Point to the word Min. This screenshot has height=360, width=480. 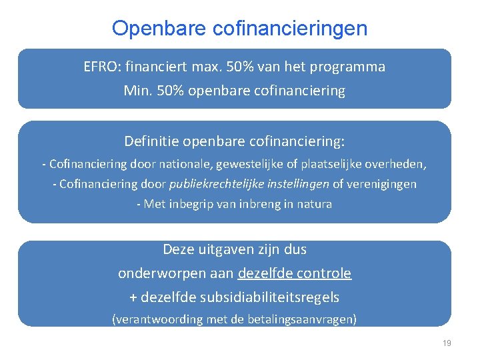(x=136, y=91)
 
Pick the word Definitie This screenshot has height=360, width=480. (x=151, y=141)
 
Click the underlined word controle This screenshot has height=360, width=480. (x=324, y=273)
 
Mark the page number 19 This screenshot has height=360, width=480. (x=447, y=343)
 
